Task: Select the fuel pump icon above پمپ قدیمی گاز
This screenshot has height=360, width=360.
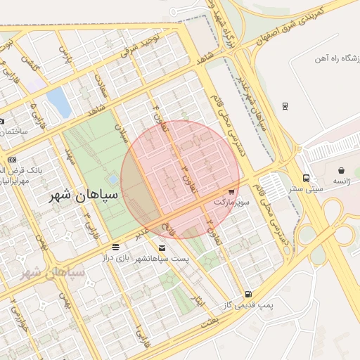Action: [247, 295]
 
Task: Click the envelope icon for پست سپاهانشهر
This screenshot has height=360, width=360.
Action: [162, 247]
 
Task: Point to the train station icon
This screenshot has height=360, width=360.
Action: [285, 106]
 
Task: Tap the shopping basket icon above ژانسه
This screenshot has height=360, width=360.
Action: [341, 170]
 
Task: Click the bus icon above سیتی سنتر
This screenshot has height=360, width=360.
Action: [306, 178]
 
